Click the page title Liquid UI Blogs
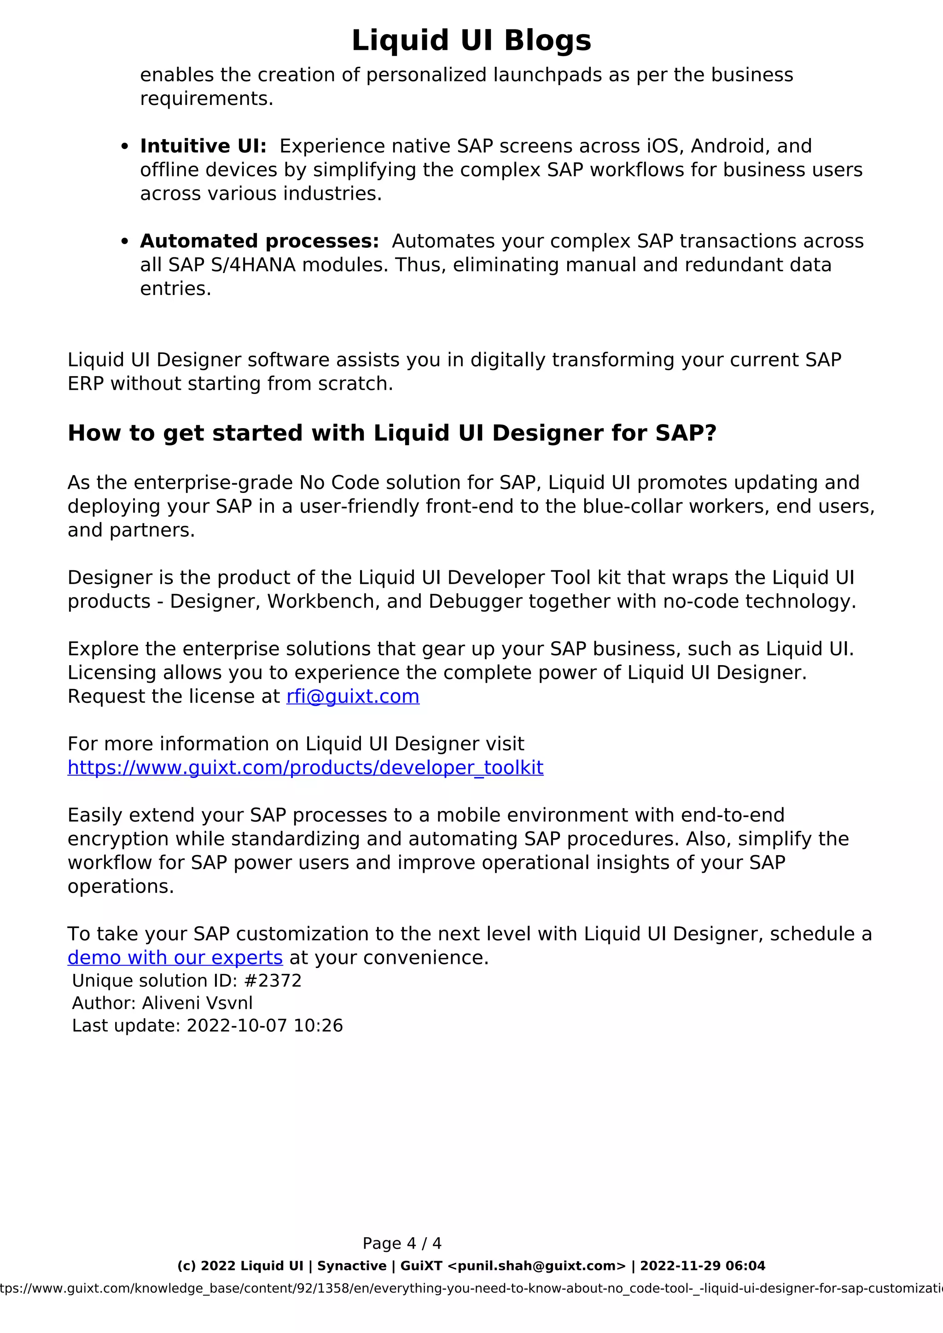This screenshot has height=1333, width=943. click(x=471, y=41)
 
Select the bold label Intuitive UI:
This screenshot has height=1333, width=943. click(x=203, y=146)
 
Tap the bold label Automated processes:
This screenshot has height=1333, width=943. click(x=259, y=241)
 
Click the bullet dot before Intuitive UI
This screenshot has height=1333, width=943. click(x=124, y=147)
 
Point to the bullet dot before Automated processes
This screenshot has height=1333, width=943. click(x=124, y=242)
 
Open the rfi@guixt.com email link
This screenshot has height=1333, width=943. click(x=352, y=696)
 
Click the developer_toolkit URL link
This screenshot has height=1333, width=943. click(x=305, y=767)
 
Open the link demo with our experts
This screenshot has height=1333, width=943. click(x=175, y=957)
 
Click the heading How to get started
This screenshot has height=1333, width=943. click(x=392, y=433)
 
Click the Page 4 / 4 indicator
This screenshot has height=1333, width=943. click(x=402, y=1243)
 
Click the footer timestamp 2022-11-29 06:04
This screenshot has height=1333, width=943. click(x=702, y=1266)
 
